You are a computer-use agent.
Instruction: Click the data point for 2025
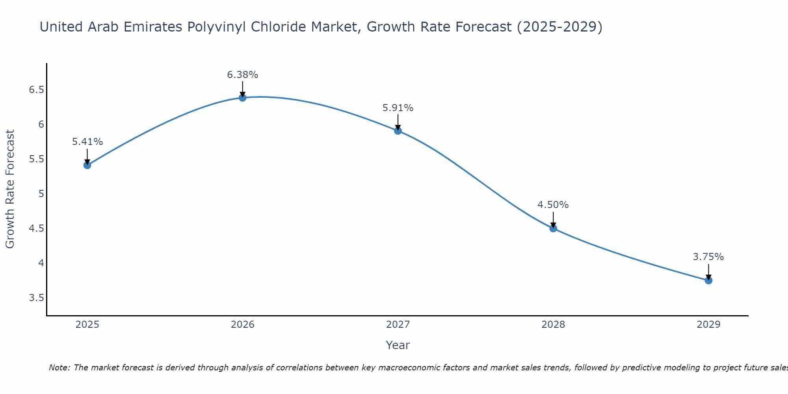tap(87, 165)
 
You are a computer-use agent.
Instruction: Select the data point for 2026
tap(243, 98)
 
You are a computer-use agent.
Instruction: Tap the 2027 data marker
tap(398, 131)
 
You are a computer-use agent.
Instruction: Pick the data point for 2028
tap(553, 229)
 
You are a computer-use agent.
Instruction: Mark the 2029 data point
tap(708, 281)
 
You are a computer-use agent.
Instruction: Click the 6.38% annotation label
tap(243, 75)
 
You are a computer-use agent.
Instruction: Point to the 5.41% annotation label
tap(87, 142)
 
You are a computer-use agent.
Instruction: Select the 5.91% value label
tap(398, 108)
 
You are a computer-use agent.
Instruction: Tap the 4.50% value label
tap(553, 205)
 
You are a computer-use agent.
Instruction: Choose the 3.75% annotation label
tap(708, 257)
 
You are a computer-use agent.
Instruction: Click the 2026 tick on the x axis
tap(243, 325)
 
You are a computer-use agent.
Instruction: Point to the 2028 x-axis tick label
tap(553, 325)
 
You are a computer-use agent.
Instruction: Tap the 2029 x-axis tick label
tap(708, 325)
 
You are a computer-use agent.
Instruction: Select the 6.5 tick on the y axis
tap(36, 90)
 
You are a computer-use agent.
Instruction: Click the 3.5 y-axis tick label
tap(36, 297)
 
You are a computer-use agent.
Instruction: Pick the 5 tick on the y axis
tap(41, 194)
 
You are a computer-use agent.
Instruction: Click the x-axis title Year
tap(398, 345)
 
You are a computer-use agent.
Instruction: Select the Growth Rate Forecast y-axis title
tap(10, 189)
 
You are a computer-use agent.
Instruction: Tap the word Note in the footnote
tap(59, 368)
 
